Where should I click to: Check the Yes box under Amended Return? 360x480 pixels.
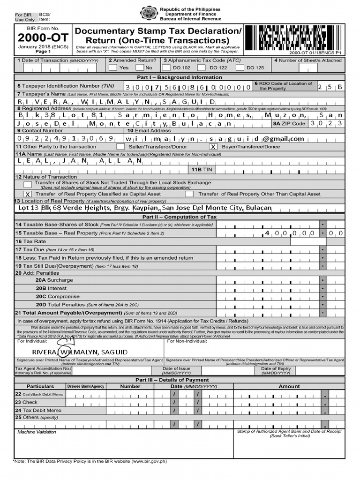click(x=112, y=67)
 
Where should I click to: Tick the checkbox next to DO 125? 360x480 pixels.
click(x=240, y=67)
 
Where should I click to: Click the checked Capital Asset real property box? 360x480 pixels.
click(x=28, y=194)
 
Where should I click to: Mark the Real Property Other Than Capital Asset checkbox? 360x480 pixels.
click(x=189, y=194)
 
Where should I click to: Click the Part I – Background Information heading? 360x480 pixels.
click(x=180, y=77)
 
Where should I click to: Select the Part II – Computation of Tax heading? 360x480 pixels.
click(x=180, y=217)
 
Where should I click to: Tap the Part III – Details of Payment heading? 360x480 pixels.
click(x=180, y=380)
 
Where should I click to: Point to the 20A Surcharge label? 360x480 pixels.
click(x=54, y=280)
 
